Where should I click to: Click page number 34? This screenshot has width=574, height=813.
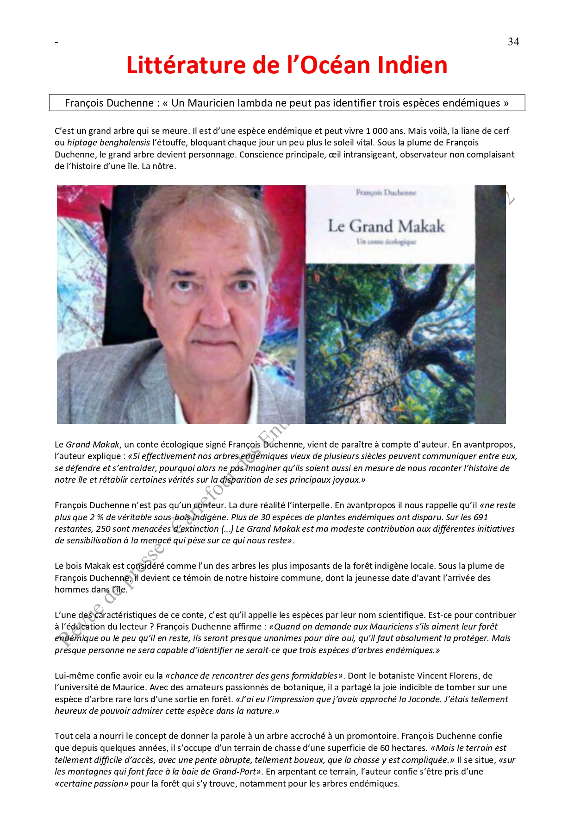click(x=513, y=42)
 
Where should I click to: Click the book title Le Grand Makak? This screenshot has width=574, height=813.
click(x=386, y=226)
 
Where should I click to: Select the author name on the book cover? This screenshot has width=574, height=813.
click(x=386, y=192)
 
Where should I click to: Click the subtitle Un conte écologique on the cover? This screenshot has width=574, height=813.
click(x=386, y=241)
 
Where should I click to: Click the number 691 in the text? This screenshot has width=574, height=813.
click(x=480, y=517)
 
